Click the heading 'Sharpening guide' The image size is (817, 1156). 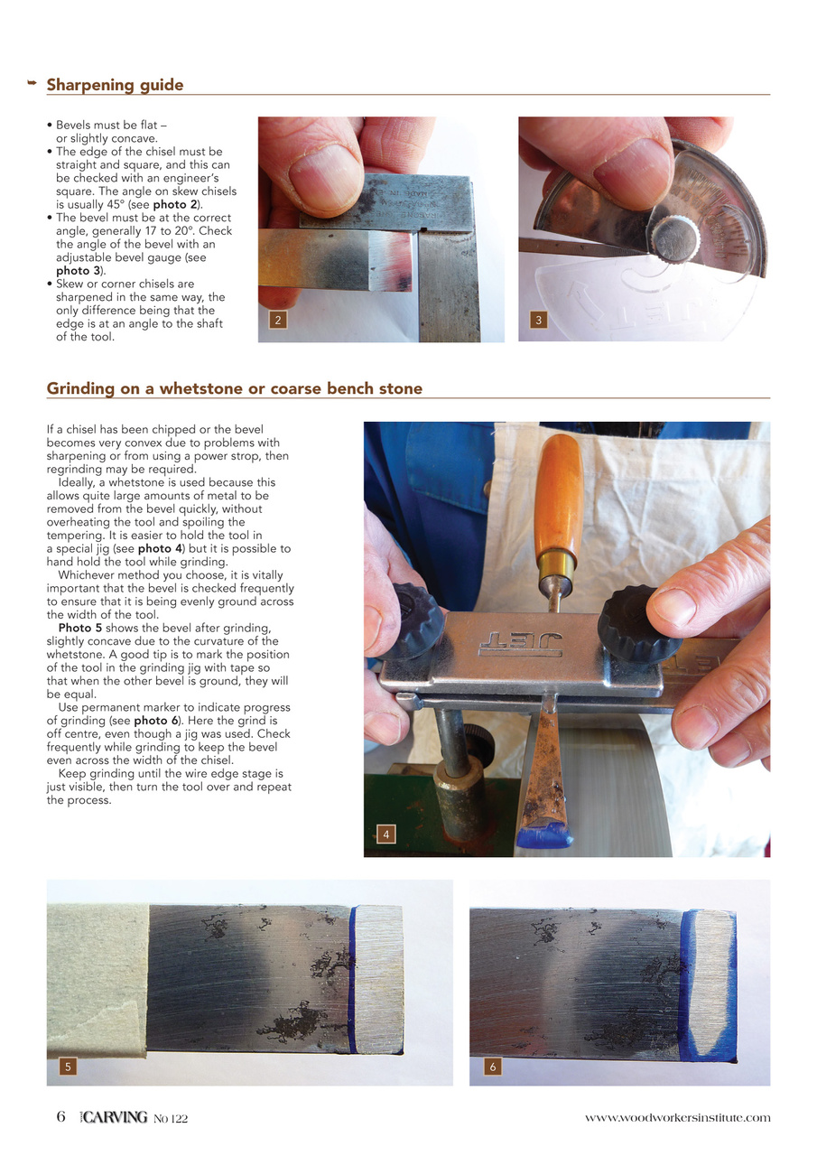(115, 85)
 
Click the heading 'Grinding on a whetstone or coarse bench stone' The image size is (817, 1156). (234, 388)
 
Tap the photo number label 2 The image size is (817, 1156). (277, 320)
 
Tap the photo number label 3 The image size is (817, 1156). (538, 320)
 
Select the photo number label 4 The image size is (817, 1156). (385, 834)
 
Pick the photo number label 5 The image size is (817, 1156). (67, 1067)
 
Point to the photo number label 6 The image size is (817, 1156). (493, 1067)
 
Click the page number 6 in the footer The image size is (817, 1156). (60, 1117)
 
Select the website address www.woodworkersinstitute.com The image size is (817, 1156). (677, 1118)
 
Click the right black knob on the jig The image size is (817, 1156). (638, 623)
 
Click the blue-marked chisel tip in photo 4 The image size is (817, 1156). (543, 833)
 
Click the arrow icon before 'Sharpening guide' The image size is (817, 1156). (32, 84)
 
